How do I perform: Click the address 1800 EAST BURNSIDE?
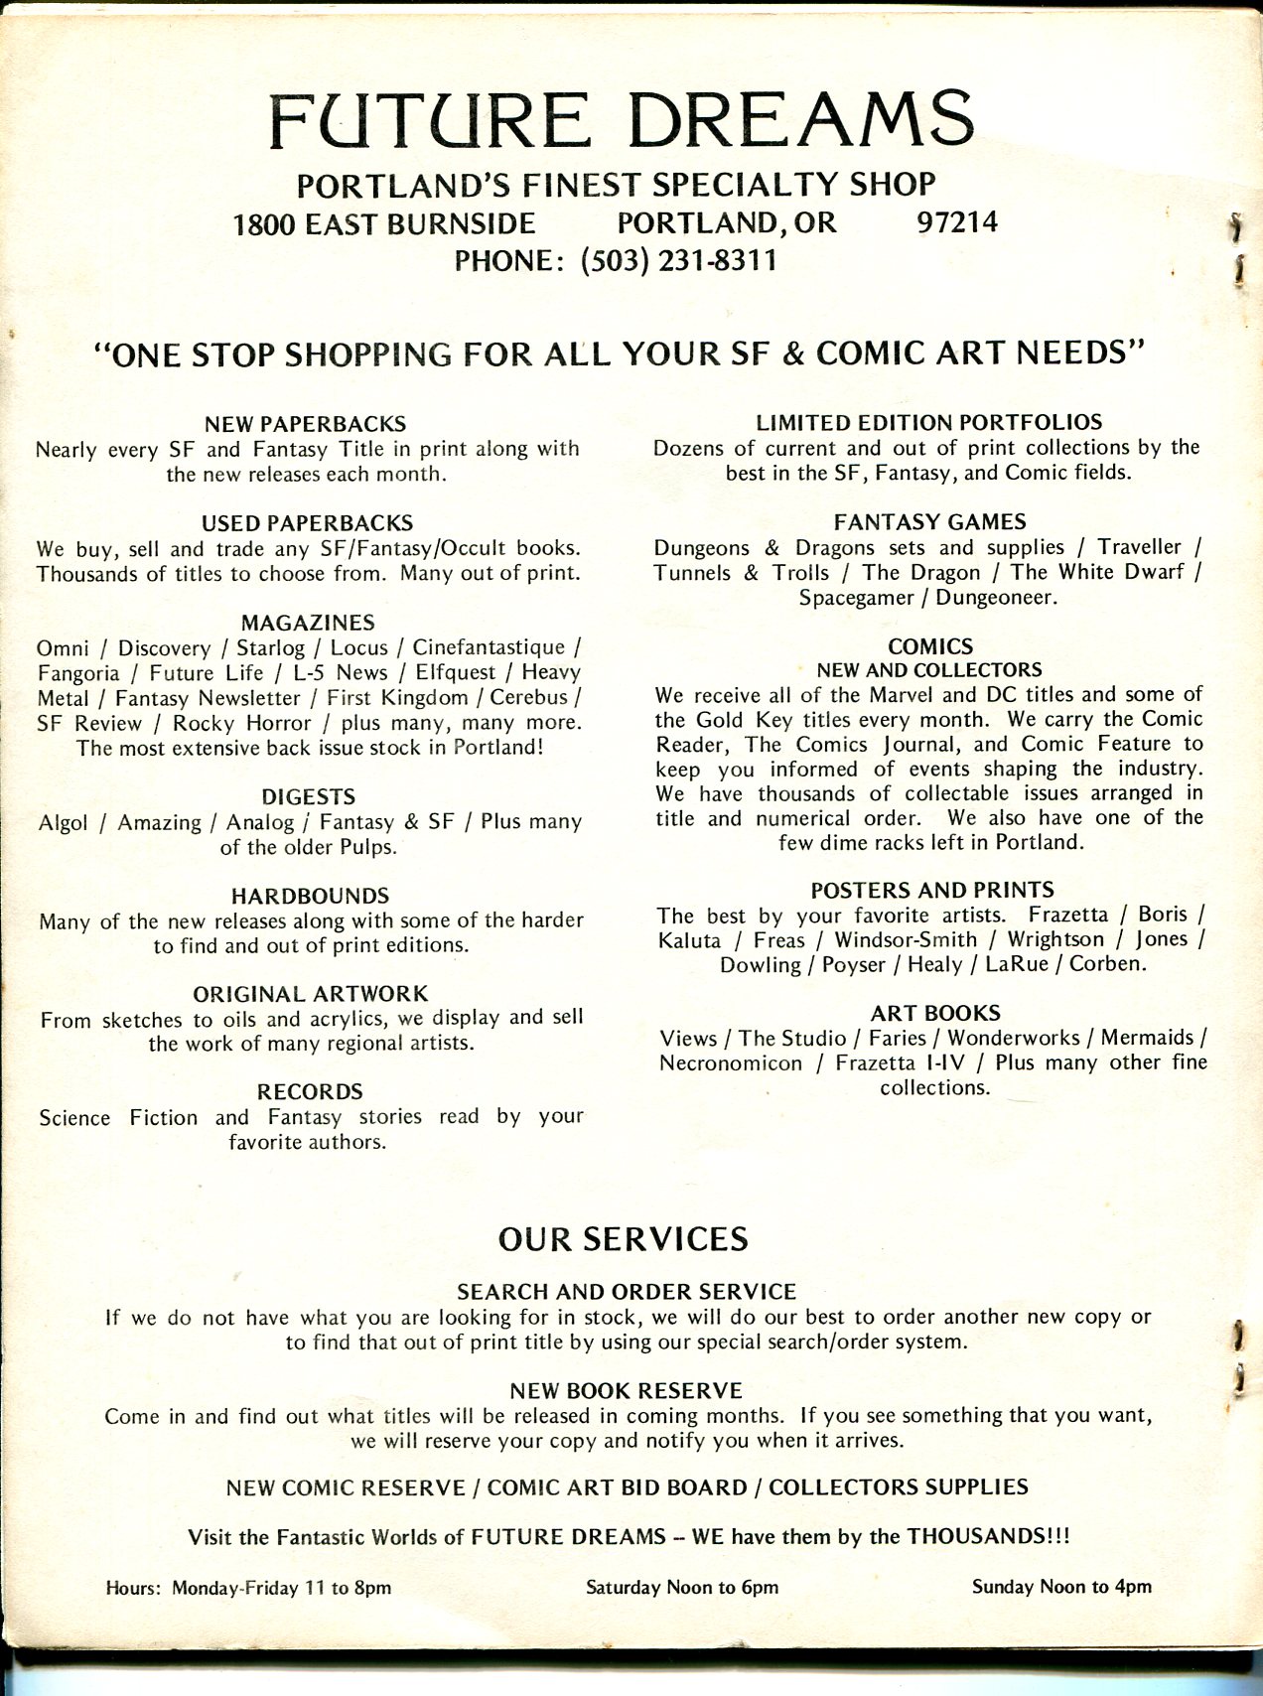click(x=384, y=224)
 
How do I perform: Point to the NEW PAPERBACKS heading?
click(x=305, y=424)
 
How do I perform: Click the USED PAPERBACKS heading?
click(x=307, y=523)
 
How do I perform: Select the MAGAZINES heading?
click(x=308, y=623)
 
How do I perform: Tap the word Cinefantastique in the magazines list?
click(x=502, y=647)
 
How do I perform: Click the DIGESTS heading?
click(x=308, y=796)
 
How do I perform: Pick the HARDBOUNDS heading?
click(x=310, y=896)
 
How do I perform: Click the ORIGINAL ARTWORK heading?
click(x=310, y=994)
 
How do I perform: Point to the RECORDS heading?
click(x=310, y=1092)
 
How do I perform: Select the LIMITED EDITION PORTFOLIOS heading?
click(x=929, y=422)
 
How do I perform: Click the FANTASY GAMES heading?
click(x=929, y=521)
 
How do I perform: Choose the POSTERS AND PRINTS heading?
click(x=931, y=890)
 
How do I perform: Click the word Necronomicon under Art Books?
click(x=730, y=1063)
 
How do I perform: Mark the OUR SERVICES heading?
click(x=623, y=1239)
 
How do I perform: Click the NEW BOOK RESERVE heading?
click(x=626, y=1390)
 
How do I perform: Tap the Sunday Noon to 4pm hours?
click(x=1061, y=1586)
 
